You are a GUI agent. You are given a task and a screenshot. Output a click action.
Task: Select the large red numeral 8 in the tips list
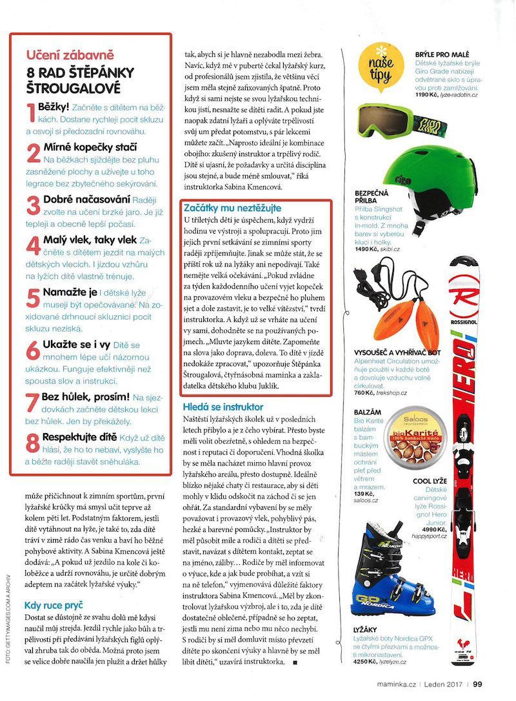click(33, 443)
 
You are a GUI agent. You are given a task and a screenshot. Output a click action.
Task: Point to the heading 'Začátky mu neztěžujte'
click(233, 208)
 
